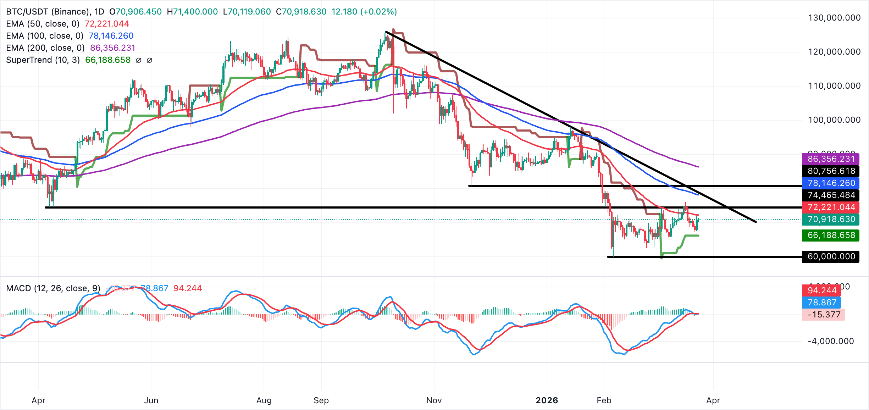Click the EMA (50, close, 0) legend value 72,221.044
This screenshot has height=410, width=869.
107,24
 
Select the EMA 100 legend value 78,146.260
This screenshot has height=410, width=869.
111,36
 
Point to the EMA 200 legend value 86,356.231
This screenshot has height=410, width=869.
112,48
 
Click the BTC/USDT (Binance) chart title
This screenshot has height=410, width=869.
48,12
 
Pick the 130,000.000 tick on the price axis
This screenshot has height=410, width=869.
834,18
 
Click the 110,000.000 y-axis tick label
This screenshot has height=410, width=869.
834,86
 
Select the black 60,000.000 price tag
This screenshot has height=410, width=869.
831,256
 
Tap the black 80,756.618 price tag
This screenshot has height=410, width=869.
831,171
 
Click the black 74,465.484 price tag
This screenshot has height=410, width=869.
831,195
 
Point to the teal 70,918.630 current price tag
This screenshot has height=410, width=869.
831,219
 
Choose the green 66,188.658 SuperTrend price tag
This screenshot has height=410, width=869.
831,235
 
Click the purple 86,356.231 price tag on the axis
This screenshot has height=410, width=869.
831,159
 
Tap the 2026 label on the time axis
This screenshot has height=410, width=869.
547,400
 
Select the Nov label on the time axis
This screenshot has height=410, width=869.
434,400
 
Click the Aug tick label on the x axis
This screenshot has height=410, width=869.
264,400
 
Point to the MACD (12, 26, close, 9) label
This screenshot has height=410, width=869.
53,288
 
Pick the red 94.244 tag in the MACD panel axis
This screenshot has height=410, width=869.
822,290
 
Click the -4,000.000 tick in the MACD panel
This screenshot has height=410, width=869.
831,341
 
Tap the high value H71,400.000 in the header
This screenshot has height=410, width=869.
192,12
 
